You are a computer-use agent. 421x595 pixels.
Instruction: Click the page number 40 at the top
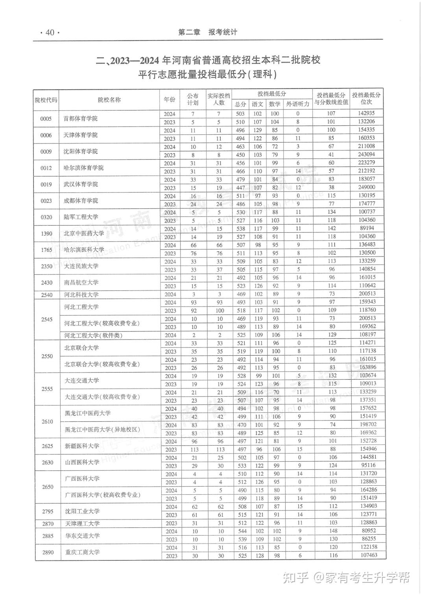(x=50, y=33)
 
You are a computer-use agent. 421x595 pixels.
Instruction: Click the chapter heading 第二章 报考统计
(x=207, y=32)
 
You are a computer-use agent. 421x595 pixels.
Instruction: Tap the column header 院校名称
(x=109, y=100)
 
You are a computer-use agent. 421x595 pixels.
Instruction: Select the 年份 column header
(x=170, y=100)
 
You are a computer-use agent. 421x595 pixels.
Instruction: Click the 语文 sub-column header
(x=257, y=104)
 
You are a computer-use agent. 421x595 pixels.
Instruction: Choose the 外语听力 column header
(x=298, y=104)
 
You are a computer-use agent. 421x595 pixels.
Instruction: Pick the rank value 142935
(x=366, y=114)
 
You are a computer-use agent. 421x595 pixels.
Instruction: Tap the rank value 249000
(x=366, y=187)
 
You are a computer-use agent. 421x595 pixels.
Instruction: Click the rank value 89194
(x=366, y=228)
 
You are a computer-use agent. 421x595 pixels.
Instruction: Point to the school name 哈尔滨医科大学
(x=84, y=250)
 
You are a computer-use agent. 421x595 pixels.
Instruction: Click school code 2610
(x=47, y=422)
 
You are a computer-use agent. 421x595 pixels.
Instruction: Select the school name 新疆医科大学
(x=82, y=446)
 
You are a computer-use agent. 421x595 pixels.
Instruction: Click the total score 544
(x=241, y=531)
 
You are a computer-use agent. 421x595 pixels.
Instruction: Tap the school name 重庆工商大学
(x=82, y=552)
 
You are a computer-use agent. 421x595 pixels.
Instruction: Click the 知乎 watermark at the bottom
(x=295, y=577)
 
